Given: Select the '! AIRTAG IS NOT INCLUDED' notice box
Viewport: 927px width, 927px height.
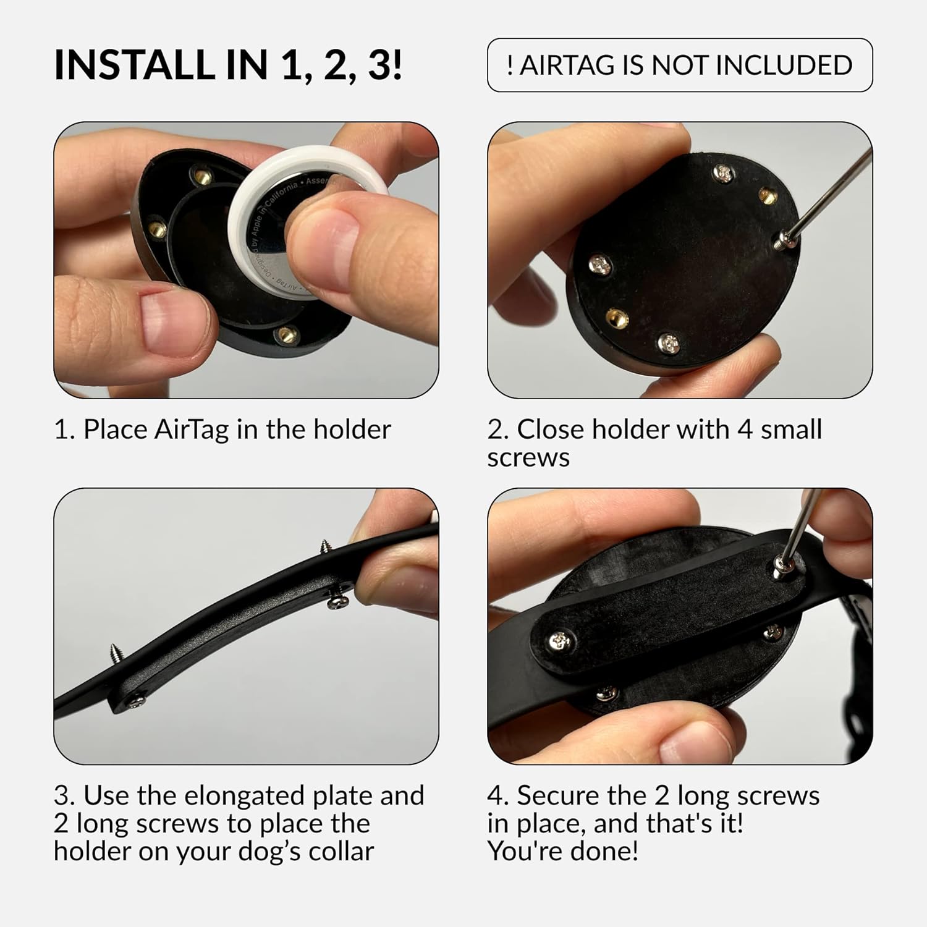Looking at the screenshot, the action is [x=680, y=65].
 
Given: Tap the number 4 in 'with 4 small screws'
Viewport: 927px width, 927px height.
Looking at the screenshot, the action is [x=745, y=430].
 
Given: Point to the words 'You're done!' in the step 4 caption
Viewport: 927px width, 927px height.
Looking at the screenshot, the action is [x=562, y=852].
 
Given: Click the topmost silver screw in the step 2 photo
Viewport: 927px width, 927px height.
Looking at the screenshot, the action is [x=723, y=173].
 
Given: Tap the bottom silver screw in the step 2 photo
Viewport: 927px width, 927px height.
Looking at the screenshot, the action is [x=669, y=341].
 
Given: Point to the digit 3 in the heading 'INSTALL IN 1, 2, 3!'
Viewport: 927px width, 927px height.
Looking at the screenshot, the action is [x=379, y=64].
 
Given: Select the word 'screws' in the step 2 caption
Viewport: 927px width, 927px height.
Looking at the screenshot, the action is [x=528, y=458].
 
